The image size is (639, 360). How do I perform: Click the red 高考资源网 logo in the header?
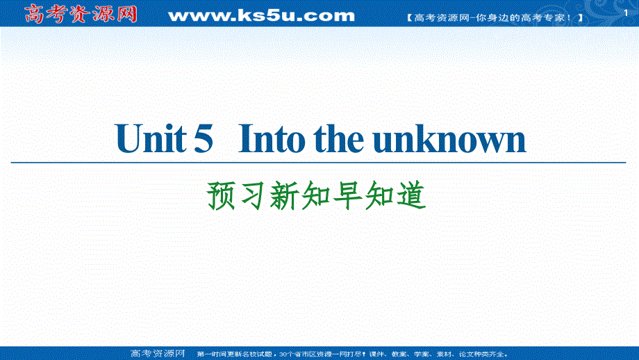(x=81, y=13)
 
